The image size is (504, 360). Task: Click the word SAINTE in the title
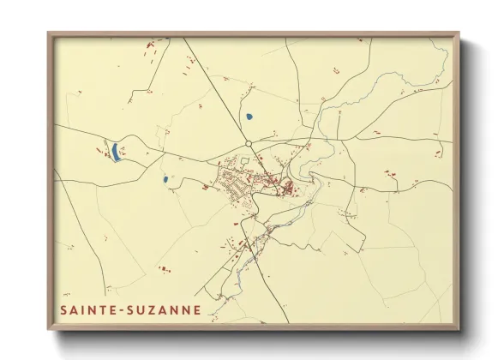pyautogui.click(x=86, y=309)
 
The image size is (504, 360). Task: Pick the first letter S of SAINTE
pyautogui.click(x=63, y=309)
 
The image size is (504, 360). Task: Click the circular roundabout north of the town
pyautogui.click(x=248, y=143)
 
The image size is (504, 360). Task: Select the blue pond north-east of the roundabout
pyautogui.click(x=249, y=116)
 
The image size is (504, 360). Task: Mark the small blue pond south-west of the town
pyautogui.click(x=165, y=180)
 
